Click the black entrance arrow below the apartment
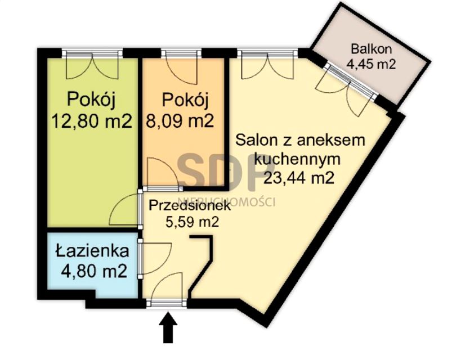tap(168, 328)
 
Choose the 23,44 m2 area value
tap(298, 178)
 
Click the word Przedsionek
tap(189, 206)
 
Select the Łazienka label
tap(92, 251)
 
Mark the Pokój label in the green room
tap(91, 100)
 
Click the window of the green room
tap(92, 53)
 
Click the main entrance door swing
tap(169, 290)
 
